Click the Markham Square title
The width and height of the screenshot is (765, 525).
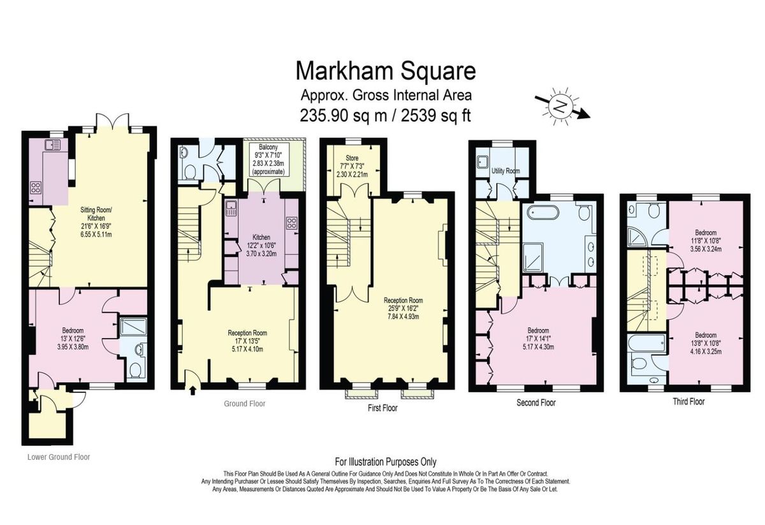click(386, 71)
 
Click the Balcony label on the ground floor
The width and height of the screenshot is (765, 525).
click(268, 147)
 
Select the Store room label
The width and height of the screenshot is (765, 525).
click(352, 158)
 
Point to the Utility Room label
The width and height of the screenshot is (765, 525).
click(506, 170)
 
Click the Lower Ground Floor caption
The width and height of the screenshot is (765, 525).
click(59, 457)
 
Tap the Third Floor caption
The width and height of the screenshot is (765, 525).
click(688, 401)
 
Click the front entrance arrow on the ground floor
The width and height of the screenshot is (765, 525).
click(193, 390)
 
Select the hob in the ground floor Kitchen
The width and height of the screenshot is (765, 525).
click(292, 223)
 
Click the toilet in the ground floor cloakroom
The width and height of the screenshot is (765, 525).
click(189, 173)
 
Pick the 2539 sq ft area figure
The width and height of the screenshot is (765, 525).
click(436, 115)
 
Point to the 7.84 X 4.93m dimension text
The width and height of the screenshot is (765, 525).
click(404, 316)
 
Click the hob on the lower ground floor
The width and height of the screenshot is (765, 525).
click(36, 188)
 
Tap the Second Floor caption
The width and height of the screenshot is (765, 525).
click(536, 403)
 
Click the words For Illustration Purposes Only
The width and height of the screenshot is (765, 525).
click(386, 462)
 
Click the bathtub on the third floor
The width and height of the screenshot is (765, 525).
click(648, 343)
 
